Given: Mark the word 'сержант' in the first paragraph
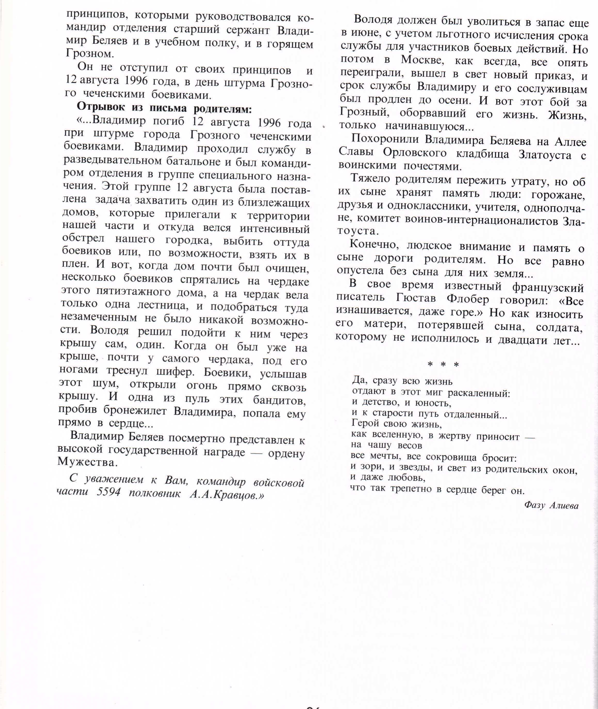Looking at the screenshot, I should click(x=251, y=30).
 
